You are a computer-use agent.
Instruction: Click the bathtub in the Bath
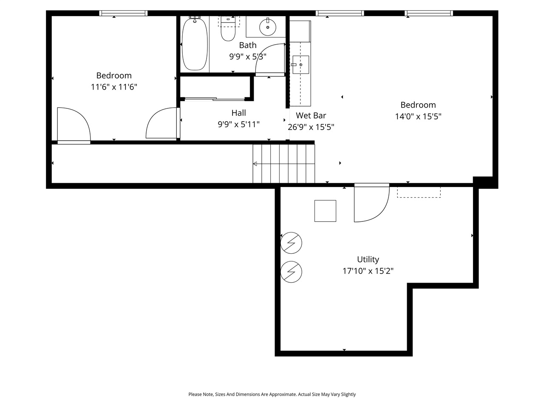pos(195,44)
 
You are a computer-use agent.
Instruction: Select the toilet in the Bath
pos(228,31)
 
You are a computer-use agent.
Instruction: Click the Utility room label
pos(368,259)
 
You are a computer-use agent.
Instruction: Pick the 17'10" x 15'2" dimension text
pos(368,271)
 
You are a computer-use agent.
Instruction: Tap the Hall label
pos(238,113)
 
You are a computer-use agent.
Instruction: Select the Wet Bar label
pos(311,115)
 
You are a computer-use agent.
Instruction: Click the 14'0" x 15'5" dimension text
pos(418,116)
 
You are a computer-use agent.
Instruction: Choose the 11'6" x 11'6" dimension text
pos(114,87)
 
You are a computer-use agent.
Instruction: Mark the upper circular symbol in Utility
pos(292,243)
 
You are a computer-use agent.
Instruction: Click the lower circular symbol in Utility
pos(292,271)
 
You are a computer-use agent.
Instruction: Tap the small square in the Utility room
pos(325,211)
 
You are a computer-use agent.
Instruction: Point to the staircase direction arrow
pos(255,164)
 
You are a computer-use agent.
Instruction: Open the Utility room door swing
pos(371,204)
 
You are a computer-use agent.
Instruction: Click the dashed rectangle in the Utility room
pos(419,192)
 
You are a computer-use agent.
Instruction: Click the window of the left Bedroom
pos(123,13)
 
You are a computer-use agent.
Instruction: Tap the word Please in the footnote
pos(195,394)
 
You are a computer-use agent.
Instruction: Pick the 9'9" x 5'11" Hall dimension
pos(238,124)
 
